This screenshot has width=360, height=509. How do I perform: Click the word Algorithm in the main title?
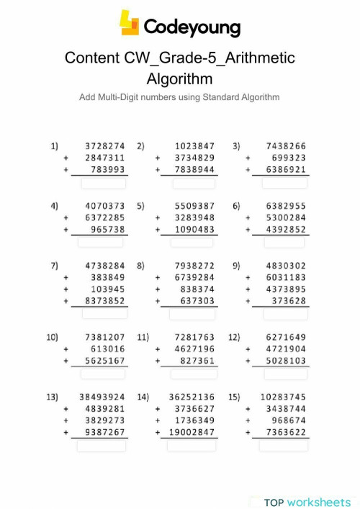coord(179,77)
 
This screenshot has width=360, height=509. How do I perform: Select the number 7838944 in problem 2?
coord(194,170)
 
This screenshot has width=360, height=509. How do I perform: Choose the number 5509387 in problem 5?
coord(194,205)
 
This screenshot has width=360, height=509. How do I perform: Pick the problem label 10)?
coord(52,337)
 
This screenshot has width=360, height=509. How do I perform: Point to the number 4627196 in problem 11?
coord(194,349)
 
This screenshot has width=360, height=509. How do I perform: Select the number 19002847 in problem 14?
coord(192,433)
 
